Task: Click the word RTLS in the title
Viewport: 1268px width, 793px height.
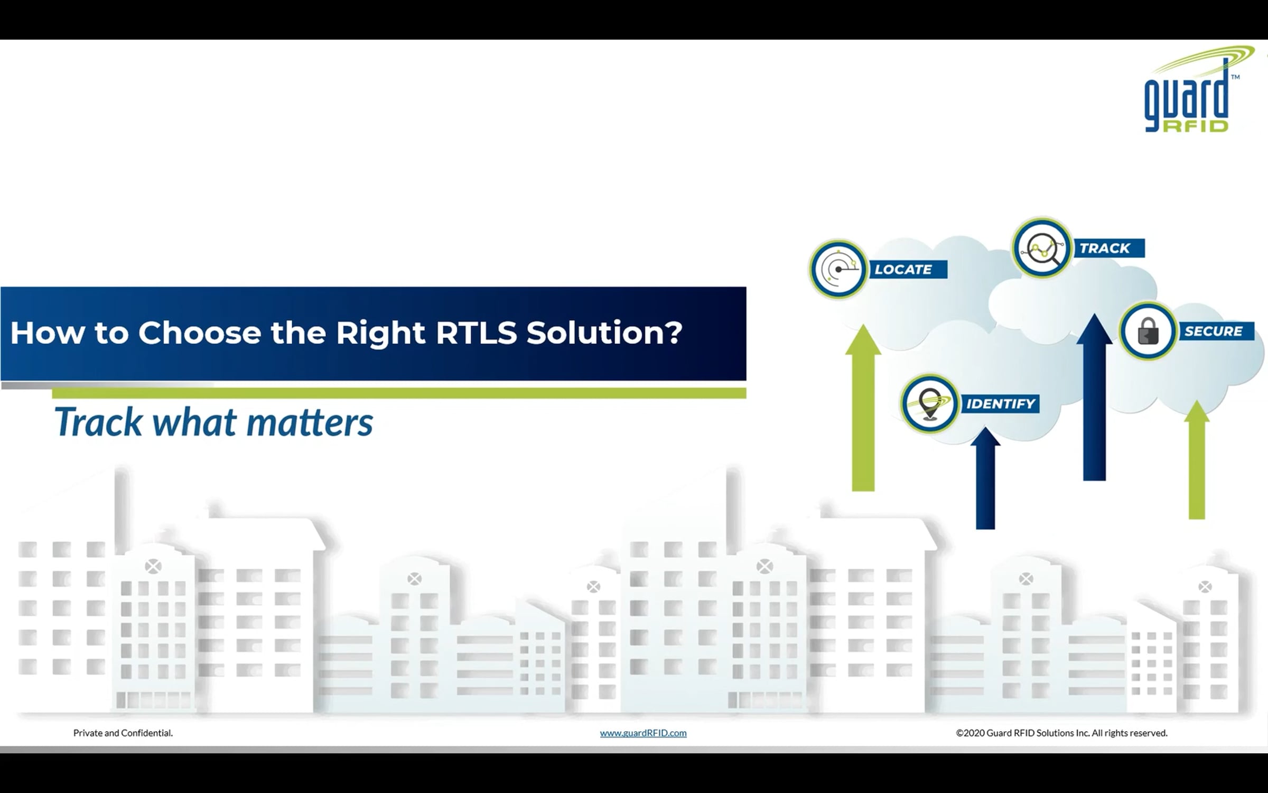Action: (x=476, y=333)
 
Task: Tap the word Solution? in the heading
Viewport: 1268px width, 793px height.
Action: (x=604, y=333)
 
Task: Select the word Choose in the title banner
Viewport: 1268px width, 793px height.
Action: (x=199, y=333)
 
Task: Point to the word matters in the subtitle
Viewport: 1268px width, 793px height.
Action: (x=310, y=422)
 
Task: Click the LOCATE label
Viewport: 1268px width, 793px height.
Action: (x=903, y=270)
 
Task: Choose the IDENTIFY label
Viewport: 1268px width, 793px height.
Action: (x=1001, y=404)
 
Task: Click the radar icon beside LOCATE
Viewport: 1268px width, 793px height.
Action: (x=838, y=270)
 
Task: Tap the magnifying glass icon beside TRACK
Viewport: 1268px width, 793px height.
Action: (x=1042, y=247)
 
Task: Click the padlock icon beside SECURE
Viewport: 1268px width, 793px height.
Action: (x=1148, y=331)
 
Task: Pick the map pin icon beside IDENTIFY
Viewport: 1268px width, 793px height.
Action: (x=930, y=404)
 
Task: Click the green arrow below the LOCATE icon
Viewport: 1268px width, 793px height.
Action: (x=863, y=408)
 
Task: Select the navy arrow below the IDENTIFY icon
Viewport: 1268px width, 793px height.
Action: (x=985, y=478)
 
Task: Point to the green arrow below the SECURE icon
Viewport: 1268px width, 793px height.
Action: (x=1197, y=459)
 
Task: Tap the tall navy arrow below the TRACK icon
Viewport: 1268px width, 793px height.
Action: (x=1094, y=397)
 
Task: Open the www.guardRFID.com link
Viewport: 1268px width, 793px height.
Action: (x=643, y=733)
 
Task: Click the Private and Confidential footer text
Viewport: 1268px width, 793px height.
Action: (x=123, y=733)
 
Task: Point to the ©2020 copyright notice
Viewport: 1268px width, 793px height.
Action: (x=1062, y=733)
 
